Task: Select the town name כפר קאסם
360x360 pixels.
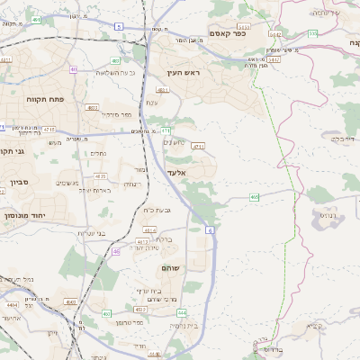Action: pos(229,33)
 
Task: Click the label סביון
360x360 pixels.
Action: pos(20,182)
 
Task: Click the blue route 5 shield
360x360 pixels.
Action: pos(119,27)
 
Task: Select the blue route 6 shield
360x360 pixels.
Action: pos(210,231)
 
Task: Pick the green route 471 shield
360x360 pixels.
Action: pos(166,130)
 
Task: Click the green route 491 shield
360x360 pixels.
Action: pos(74,68)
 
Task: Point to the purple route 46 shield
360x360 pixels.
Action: pos(116,252)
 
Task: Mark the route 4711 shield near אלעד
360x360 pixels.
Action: pos(199,145)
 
